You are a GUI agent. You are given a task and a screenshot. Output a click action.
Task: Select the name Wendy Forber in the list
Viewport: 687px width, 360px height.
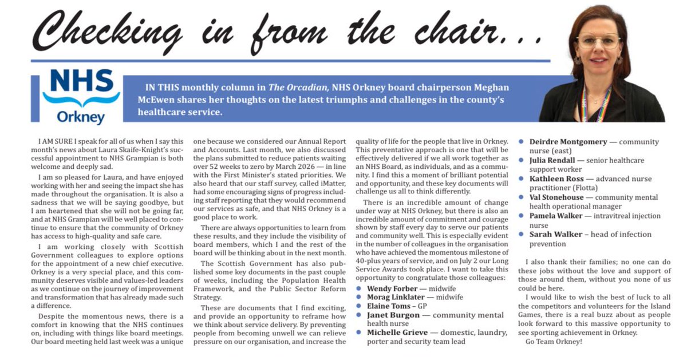(392, 288)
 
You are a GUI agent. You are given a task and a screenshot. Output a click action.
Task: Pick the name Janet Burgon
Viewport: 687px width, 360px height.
(393, 315)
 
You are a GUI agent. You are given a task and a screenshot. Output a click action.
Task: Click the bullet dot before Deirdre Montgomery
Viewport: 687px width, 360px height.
(522, 141)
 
